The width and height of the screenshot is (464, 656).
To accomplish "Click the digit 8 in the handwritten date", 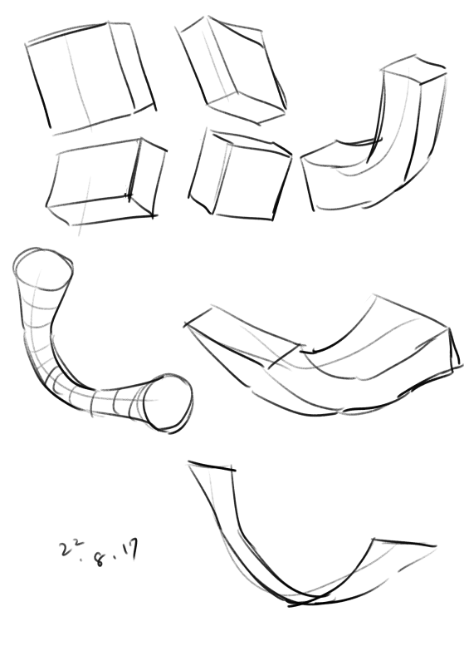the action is point(100,559).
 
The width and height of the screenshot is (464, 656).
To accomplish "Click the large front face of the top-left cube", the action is point(81,76).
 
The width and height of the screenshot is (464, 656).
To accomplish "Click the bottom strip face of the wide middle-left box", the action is point(100,210).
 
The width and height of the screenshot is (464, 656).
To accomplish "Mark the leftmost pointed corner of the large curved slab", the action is point(185,323).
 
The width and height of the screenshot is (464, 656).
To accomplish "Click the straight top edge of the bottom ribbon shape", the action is point(212,466).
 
